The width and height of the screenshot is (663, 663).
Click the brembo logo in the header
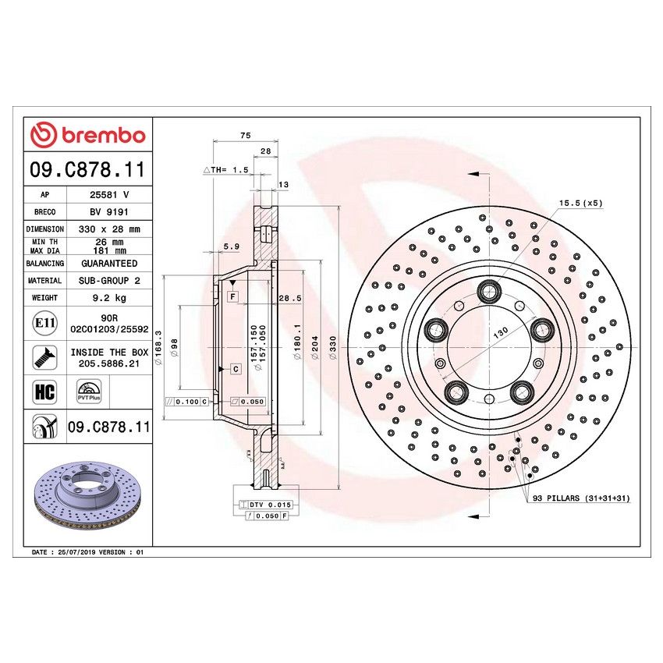(x=88, y=135)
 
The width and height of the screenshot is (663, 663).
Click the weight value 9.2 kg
(x=108, y=297)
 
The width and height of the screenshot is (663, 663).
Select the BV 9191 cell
(x=108, y=211)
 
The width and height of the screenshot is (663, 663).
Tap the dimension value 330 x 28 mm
(x=108, y=229)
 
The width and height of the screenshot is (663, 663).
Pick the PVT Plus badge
(x=87, y=392)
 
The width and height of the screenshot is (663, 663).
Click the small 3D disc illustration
(x=87, y=497)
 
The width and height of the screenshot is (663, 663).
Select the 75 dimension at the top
(x=245, y=136)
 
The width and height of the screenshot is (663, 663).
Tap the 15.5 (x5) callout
(x=580, y=203)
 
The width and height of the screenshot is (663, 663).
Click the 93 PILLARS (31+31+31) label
(x=581, y=498)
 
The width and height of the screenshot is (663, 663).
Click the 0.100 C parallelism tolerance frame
(x=188, y=401)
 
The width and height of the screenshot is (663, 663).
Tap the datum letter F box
(x=232, y=297)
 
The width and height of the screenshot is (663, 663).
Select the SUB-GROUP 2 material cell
(x=108, y=280)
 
